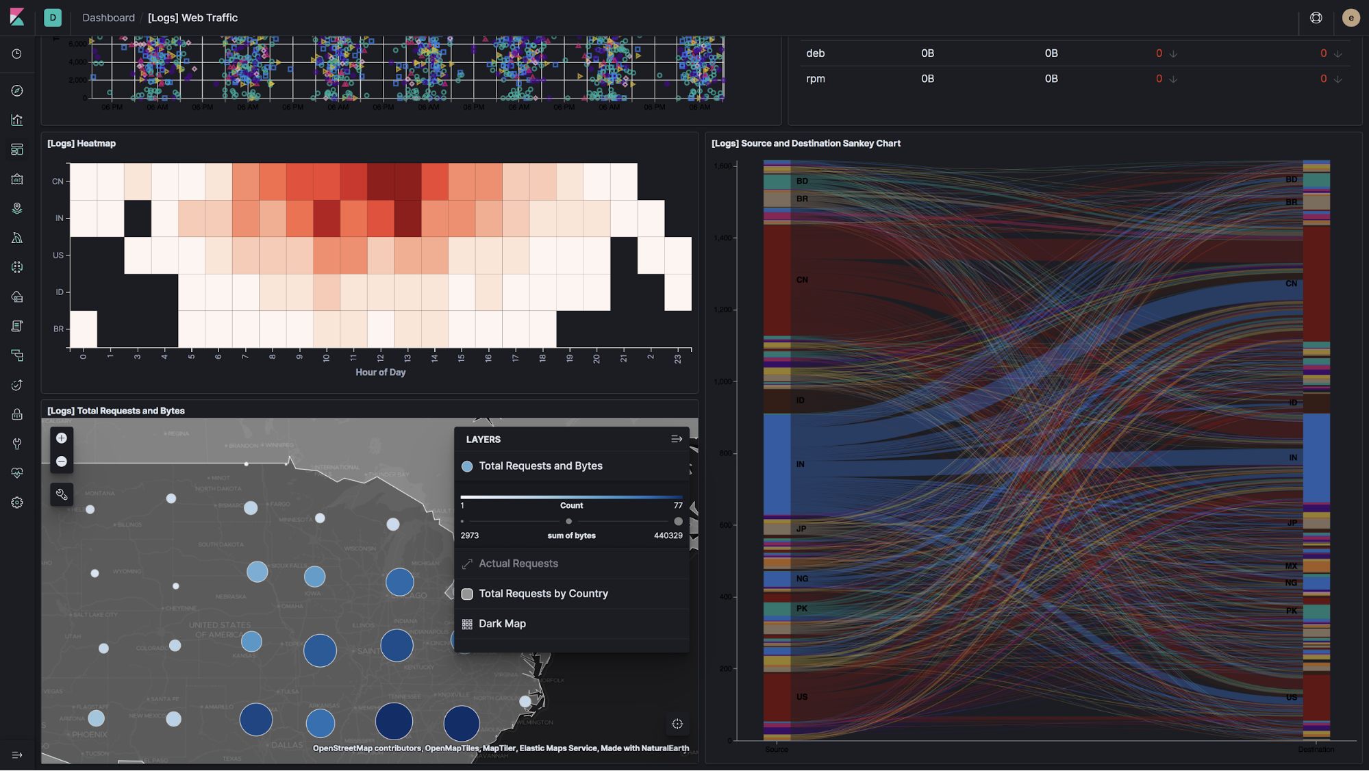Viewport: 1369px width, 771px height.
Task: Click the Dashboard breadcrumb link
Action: click(108, 18)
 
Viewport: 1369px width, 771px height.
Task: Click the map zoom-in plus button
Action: click(62, 438)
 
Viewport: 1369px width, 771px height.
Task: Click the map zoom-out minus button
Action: click(62, 462)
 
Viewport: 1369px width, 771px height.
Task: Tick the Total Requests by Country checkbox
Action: click(467, 594)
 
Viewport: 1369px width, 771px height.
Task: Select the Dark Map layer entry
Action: click(502, 624)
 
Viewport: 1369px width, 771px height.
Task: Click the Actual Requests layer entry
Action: click(518, 564)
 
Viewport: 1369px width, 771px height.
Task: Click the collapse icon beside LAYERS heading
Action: click(677, 440)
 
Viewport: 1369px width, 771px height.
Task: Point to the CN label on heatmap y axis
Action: click(58, 181)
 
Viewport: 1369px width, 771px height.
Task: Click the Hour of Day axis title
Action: click(380, 372)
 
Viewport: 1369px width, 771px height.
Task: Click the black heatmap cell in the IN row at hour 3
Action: click(138, 218)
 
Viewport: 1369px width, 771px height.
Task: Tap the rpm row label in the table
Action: click(815, 79)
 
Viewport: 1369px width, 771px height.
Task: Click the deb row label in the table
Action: click(815, 53)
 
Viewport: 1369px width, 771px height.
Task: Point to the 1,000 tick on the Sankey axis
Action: click(723, 381)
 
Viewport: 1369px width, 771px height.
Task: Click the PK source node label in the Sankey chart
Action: click(802, 609)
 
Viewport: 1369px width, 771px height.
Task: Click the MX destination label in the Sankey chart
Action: click(1291, 566)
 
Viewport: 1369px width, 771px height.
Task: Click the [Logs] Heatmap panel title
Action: click(81, 143)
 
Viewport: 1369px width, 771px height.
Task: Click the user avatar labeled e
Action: click(1351, 18)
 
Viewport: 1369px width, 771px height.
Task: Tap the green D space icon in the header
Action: click(53, 18)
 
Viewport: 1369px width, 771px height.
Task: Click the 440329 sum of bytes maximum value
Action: click(668, 535)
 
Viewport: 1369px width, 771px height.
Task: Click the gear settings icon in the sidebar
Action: click(17, 503)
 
